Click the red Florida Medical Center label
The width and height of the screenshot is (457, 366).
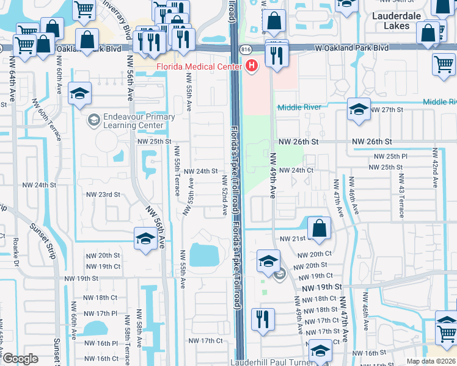point(199,66)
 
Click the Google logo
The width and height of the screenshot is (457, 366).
point(20,358)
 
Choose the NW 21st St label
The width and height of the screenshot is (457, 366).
point(293,239)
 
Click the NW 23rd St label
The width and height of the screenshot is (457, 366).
point(103,195)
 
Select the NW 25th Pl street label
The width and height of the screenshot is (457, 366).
point(387,156)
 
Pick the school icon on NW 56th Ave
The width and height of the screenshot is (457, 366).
point(145,238)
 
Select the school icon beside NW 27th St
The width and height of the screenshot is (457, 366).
point(358,109)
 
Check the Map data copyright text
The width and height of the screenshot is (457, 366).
point(431,361)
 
